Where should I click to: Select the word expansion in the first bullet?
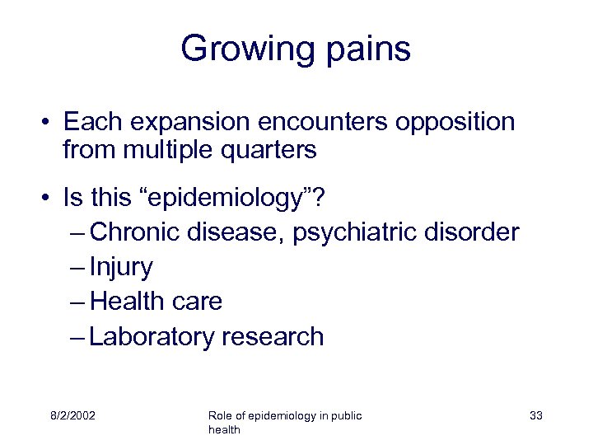tap(190, 122)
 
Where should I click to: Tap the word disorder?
tap(472, 232)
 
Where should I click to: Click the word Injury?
tap(121, 267)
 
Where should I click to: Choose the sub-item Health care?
tap(156, 302)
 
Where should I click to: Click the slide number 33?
tap(536, 415)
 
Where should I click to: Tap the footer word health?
tap(224, 430)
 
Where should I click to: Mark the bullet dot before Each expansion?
tap(51, 123)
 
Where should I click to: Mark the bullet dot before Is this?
tap(51, 198)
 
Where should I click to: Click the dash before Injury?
tap(78, 267)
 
